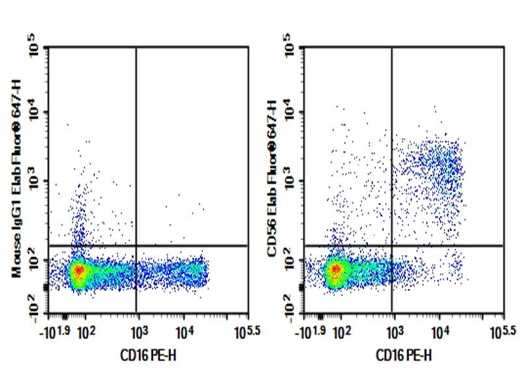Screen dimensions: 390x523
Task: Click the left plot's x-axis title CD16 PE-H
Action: coord(146,356)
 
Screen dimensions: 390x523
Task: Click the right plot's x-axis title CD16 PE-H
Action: coord(403,356)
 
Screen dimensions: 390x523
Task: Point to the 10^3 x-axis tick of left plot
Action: coord(136,333)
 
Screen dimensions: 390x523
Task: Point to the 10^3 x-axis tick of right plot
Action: coord(392,333)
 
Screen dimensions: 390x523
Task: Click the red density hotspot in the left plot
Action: coord(79,270)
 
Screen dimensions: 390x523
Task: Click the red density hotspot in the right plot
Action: coord(336,269)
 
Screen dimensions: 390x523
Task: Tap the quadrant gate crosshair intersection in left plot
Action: coord(136,246)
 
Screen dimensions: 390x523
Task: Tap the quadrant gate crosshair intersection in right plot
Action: coord(392,246)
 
